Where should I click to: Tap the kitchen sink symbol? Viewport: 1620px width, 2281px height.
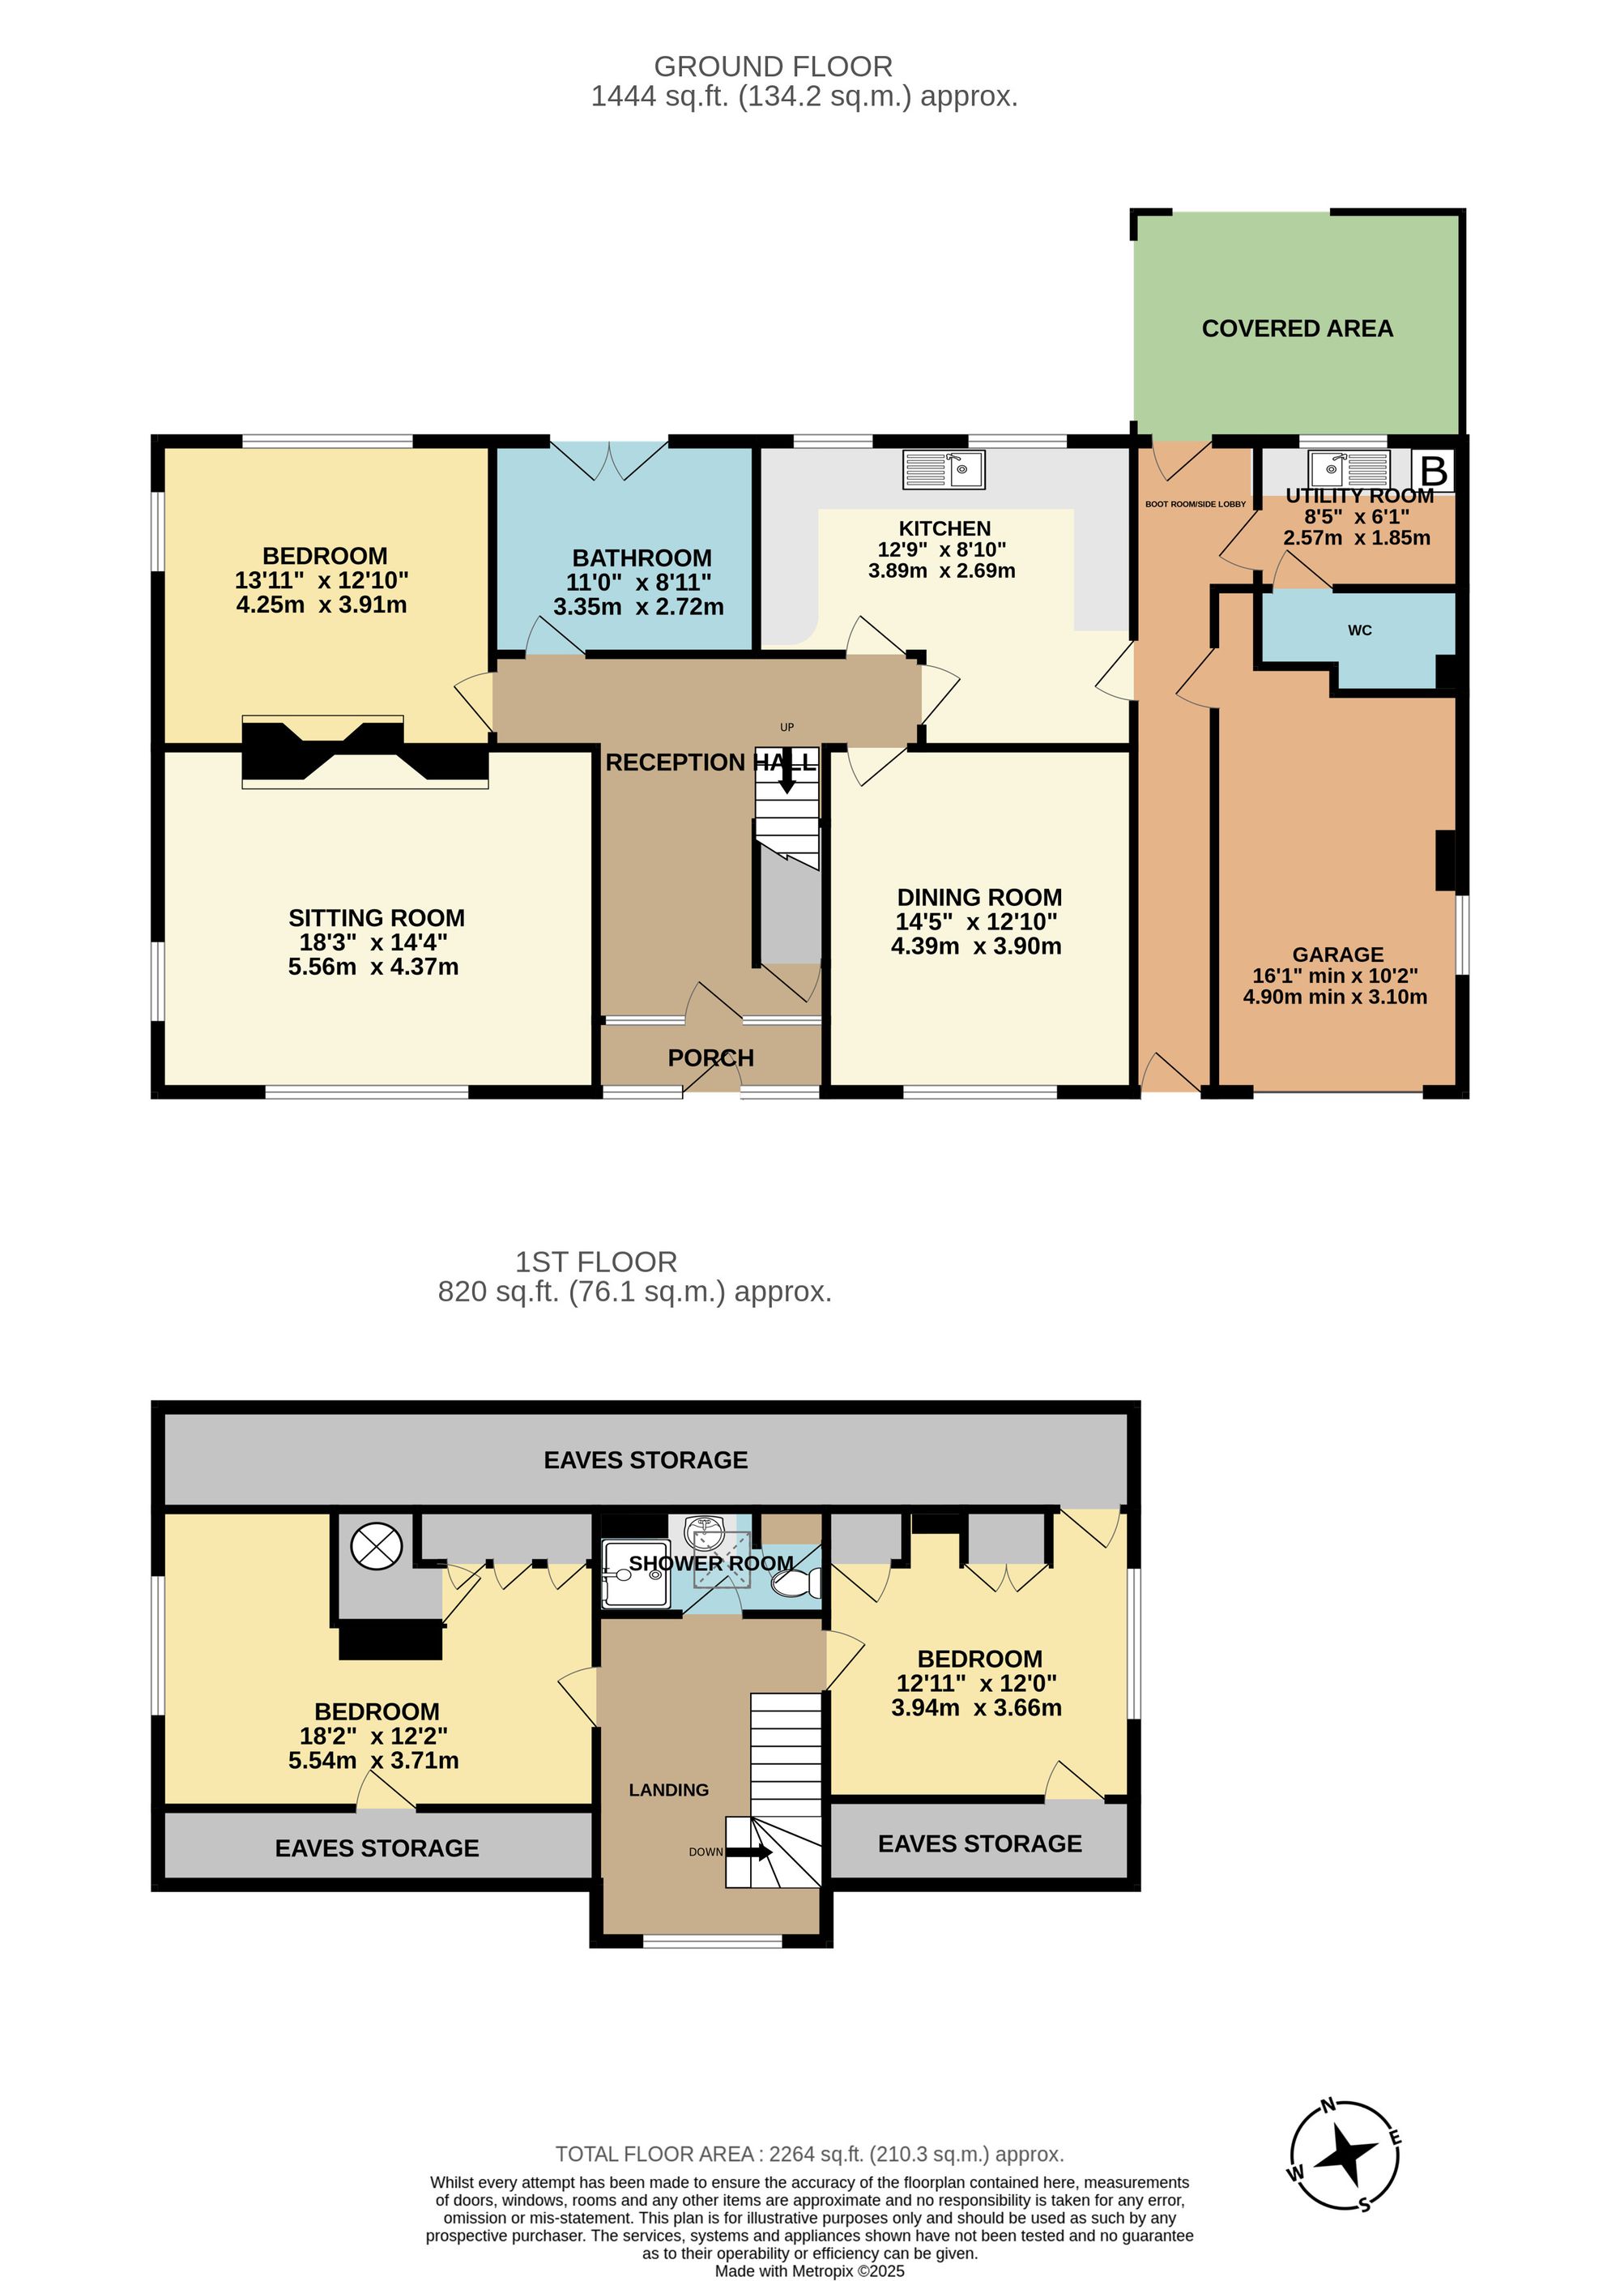944,469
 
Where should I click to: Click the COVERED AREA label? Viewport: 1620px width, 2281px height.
1297,328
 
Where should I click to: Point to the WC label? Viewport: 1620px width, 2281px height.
1360,630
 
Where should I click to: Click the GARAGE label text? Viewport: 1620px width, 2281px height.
1337,955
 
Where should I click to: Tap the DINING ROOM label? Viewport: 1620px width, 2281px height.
978,897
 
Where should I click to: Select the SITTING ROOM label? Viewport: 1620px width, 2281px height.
376,918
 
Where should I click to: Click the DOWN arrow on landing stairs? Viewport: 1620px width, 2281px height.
751,1852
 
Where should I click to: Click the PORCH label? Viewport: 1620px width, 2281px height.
710,1057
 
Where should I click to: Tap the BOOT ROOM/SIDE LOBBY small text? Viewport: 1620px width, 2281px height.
1195,504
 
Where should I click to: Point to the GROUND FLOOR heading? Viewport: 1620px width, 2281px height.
773,67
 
